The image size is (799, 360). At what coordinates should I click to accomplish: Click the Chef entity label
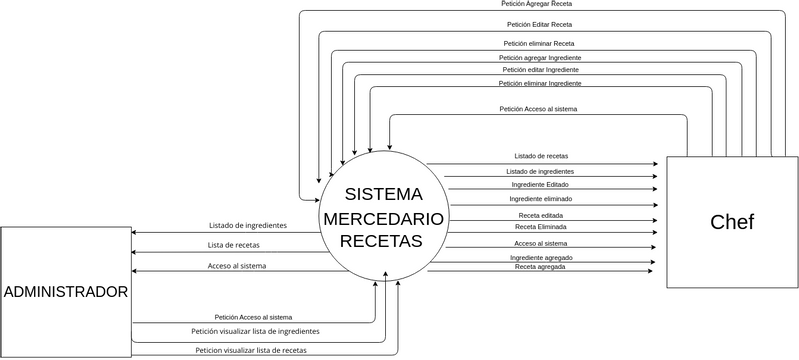tap(731, 222)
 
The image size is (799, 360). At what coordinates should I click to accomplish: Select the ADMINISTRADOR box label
tap(66, 292)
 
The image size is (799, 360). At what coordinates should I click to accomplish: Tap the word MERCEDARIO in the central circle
tap(381, 217)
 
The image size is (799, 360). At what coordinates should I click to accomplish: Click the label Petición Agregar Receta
tap(537, 5)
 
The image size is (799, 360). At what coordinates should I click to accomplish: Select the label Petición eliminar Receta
tap(538, 44)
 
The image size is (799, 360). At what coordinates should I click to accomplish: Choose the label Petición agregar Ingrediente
tap(540, 58)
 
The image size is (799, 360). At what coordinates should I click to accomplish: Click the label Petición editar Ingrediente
tap(540, 70)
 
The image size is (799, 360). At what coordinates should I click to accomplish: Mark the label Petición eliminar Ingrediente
tap(540, 83)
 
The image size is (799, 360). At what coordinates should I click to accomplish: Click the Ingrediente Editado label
tap(541, 184)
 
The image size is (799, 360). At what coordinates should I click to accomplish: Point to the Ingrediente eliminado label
tap(541, 199)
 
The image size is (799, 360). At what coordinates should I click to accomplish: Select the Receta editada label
tap(540, 215)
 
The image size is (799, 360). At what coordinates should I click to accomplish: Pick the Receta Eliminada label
tap(540, 227)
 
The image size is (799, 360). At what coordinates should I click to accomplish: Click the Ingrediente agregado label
tap(541, 257)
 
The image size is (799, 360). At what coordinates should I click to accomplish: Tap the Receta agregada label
tap(541, 267)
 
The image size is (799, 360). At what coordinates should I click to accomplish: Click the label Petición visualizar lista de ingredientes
tap(256, 330)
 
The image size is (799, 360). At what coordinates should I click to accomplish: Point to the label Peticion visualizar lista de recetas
tap(251, 350)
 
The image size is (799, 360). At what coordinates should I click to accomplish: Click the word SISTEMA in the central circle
tap(383, 193)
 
